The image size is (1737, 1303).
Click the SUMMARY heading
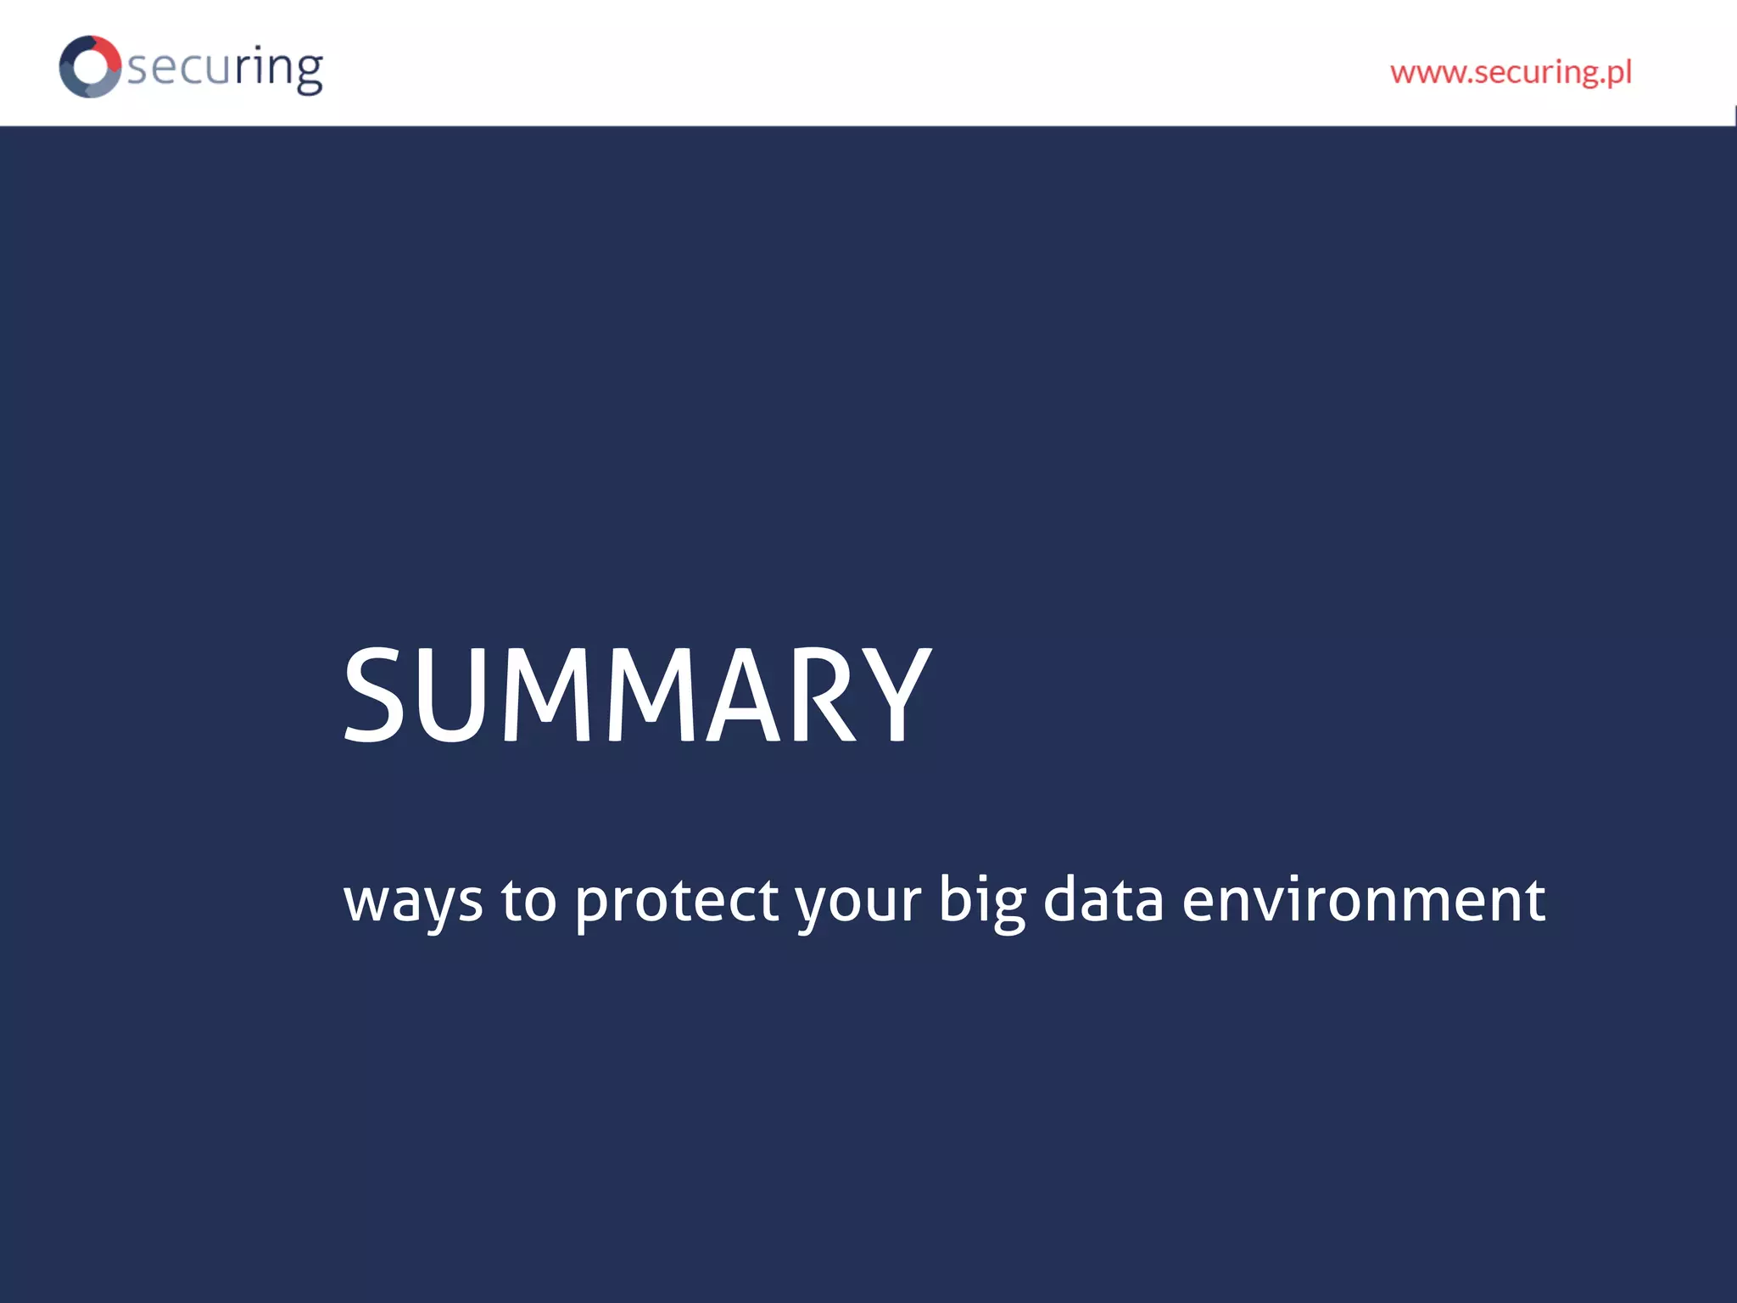pos(637,694)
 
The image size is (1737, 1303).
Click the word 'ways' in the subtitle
pos(413,901)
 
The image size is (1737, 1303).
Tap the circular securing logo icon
pos(90,66)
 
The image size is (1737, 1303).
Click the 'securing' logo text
pos(226,68)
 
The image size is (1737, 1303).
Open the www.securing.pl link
pos(1511,72)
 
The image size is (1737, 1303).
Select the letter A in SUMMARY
pos(744,694)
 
